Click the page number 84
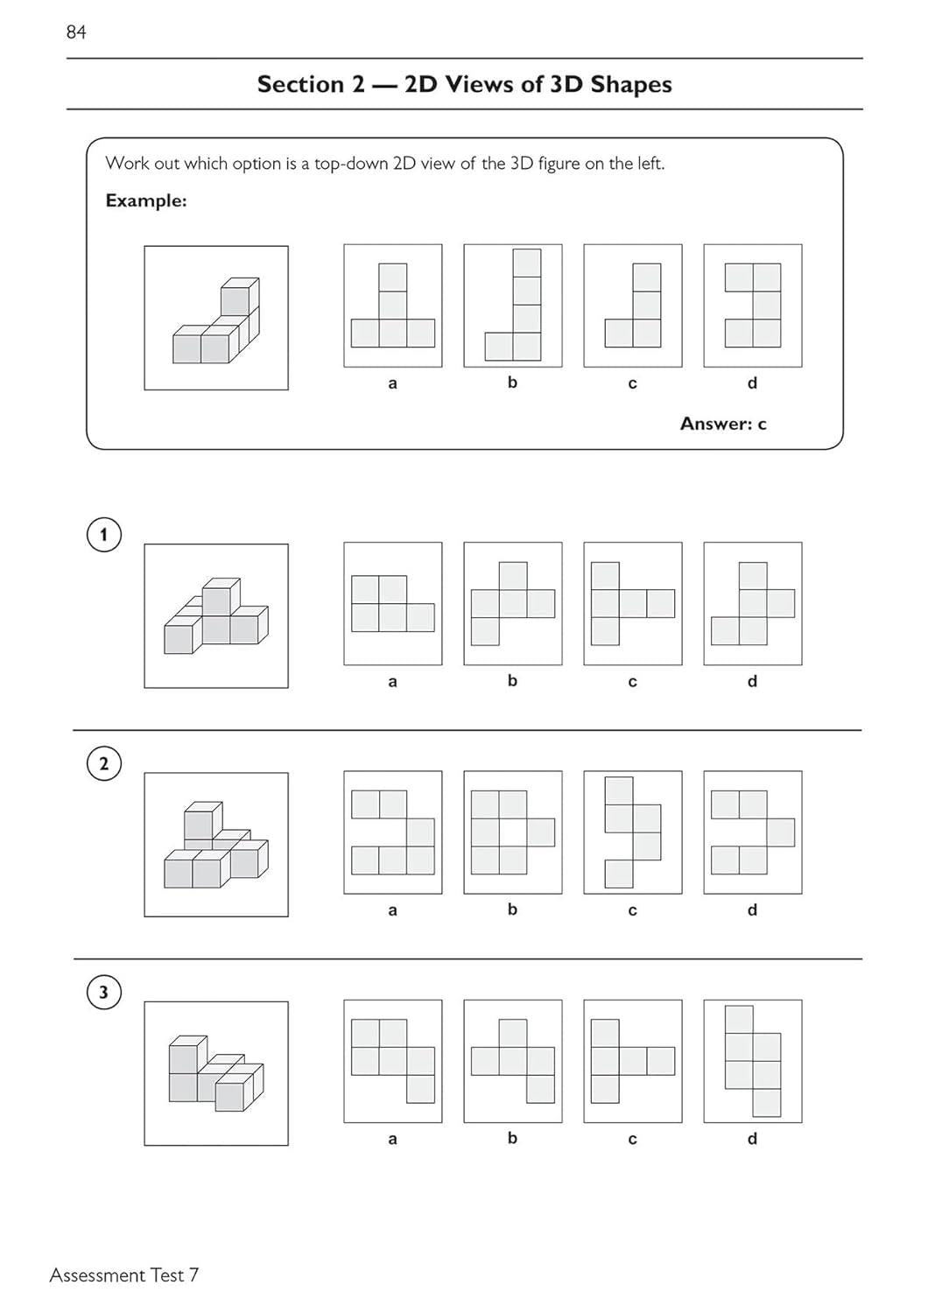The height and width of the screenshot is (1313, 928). (76, 32)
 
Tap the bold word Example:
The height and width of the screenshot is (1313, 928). (146, 200)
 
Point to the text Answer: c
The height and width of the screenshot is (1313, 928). (723, 424)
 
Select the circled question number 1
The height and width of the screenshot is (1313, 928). (104, 535)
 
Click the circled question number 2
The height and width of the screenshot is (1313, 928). (104, 763)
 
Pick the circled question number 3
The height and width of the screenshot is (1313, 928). (104, 992)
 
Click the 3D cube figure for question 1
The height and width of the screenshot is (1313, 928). (216, 616)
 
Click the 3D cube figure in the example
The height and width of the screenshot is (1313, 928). (216, 319)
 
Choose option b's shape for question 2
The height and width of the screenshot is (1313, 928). (513, 832)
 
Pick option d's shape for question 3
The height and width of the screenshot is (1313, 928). (753, 1061)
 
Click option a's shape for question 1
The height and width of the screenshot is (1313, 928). (393, 604)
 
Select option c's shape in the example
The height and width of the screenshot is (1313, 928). (633, 305)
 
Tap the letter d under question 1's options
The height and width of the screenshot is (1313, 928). (752, 681)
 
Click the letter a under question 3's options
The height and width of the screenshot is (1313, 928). (392, 1139)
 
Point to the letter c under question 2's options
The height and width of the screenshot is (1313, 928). (632, 910)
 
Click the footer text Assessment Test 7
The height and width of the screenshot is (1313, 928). (124, 1275)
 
